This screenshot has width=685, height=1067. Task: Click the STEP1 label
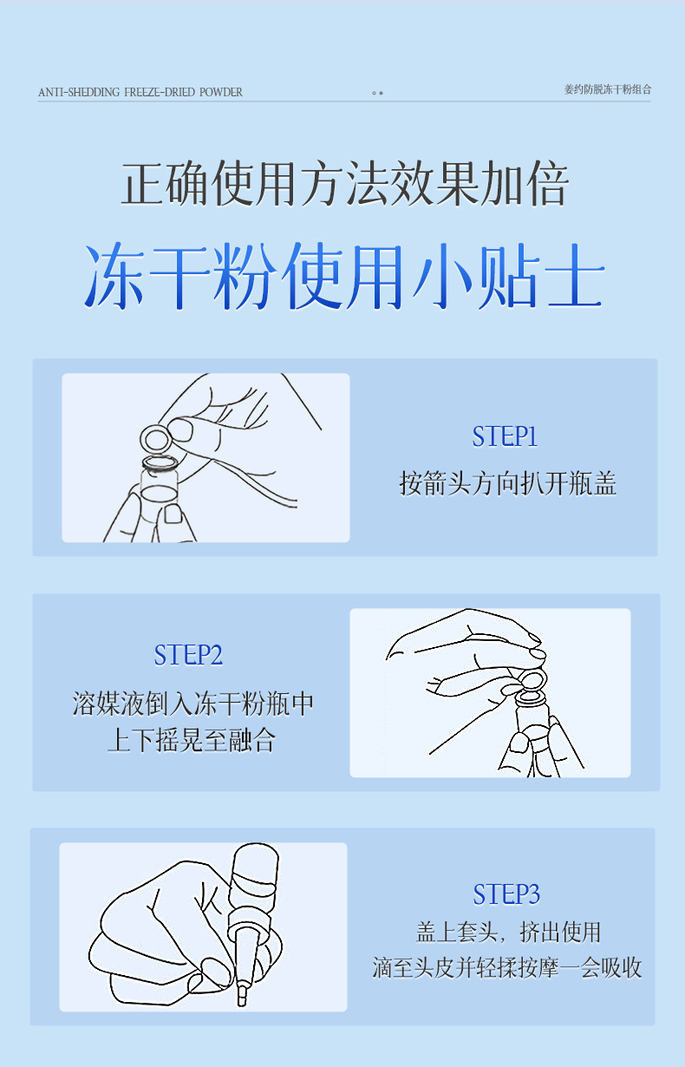coord(505,436)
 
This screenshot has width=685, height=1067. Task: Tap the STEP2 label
coord(188,655)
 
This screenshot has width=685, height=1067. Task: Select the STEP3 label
coord(506,894)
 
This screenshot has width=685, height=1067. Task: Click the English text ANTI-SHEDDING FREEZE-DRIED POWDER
coord(140,92)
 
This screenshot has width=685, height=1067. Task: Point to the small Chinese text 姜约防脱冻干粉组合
coord(608,89)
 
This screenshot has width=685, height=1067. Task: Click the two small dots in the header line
coord(377,93)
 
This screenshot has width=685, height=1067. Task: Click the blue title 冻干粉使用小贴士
coord(344,276)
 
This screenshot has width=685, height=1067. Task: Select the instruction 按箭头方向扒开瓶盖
coord(508,483)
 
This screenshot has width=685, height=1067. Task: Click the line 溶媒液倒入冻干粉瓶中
coord(192,704)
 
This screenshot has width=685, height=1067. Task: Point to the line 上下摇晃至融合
coord(192,740)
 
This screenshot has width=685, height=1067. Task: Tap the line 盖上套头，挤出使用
coord(508,933)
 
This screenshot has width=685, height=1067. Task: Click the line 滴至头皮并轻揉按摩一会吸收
coord(507,967)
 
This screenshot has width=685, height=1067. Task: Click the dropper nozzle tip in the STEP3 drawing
coord(242,997)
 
